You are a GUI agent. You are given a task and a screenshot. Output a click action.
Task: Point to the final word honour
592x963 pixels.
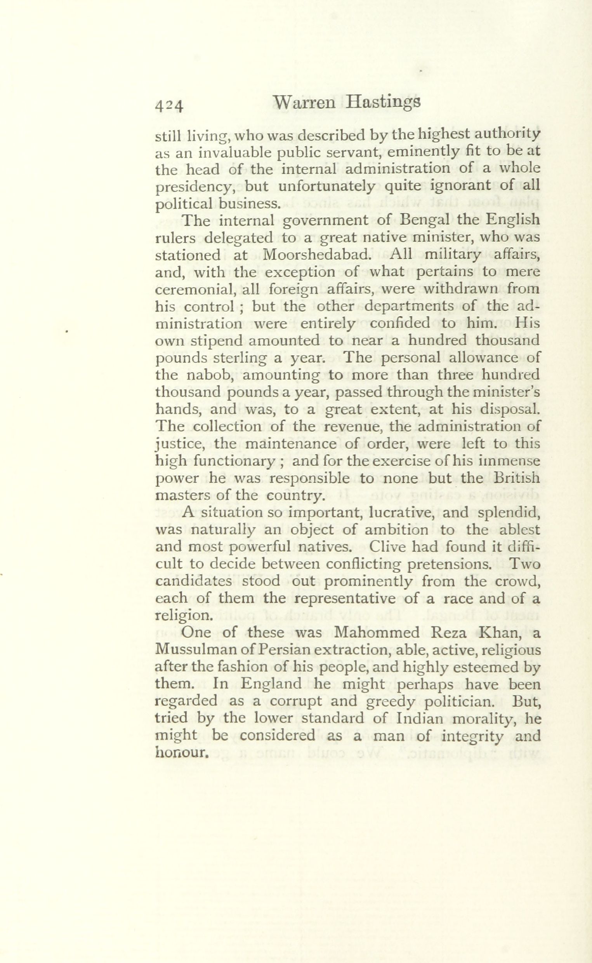click(x=181, y=753)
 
